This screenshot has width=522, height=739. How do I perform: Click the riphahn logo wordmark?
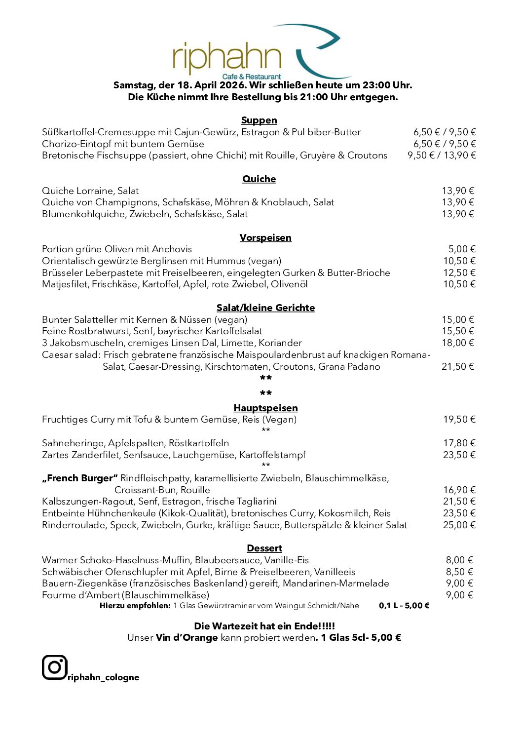tap(227, 58)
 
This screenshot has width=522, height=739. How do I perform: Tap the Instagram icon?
tap(54, 667)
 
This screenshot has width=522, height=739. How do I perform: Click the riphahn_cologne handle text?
tap(104, 677)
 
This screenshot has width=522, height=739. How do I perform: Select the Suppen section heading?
tap(259, 120)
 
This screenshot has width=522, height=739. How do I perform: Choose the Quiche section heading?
tap(259, 179)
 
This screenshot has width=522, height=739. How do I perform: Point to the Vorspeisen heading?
tap(265, 238)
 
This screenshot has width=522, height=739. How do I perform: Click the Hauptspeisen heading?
tap(265, 408)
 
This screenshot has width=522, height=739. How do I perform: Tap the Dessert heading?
tap(264, 548)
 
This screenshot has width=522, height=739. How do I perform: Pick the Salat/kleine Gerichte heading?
tap(265, 308)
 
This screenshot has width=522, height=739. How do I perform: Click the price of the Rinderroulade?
tap(459, 525)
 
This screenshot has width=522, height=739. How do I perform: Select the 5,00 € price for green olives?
tap(462, 249)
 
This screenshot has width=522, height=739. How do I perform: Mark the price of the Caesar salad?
tap(458, 367)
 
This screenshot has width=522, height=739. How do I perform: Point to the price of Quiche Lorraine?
tap(458, 191)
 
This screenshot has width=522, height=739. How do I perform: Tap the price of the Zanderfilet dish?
tap(459, 455)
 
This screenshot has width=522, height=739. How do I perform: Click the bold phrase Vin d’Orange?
tap(186, 638)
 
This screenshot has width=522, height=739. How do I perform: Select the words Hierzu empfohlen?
tap(135, 606)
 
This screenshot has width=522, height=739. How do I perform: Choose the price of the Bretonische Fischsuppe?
tap(442, 156)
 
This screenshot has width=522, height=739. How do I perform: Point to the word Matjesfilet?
tap(65, 284)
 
